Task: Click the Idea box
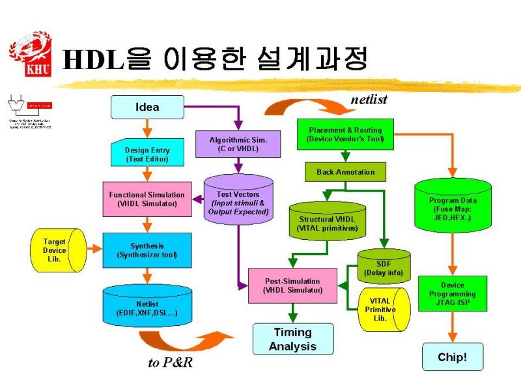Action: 147,107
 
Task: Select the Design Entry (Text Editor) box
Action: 147,154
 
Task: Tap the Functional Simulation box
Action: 147,199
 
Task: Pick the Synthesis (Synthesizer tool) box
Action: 147,250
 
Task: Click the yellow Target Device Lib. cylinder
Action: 59,250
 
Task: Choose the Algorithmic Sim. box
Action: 238,145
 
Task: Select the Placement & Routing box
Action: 345,135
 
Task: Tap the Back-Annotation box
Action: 345,171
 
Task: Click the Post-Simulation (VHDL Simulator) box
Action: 292,285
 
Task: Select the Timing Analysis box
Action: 292,339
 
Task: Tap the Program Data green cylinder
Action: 452,205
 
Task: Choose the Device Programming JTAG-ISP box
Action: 452,294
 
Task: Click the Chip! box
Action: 452,356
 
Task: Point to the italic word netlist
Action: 369,100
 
